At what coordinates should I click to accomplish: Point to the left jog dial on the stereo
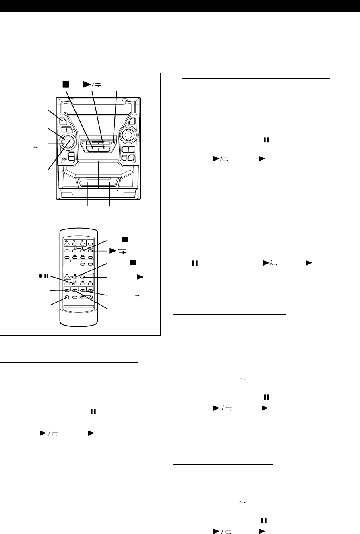click(68, 141)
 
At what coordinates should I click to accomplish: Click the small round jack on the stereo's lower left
click(65, 159)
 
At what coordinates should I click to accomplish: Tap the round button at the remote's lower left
click(67, 298)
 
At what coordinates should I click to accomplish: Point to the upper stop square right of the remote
click(125, 240)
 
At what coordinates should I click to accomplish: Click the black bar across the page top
click(180, 6)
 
